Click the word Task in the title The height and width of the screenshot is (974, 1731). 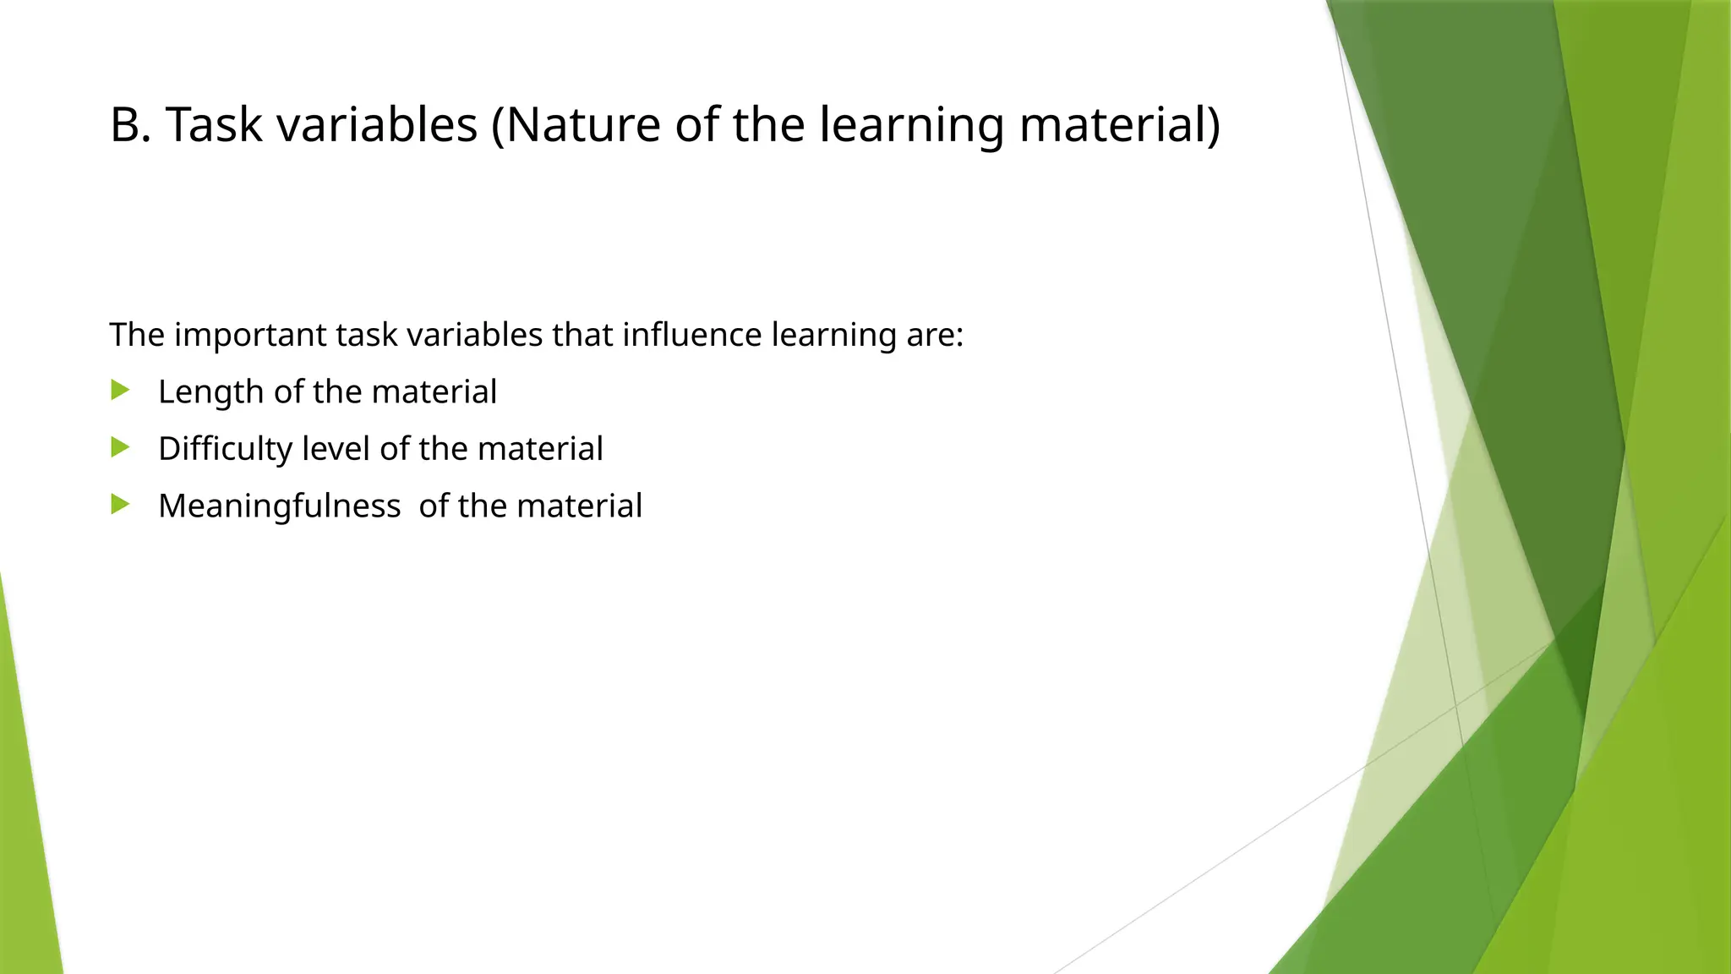coord(214,125)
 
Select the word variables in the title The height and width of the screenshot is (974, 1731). coord(377,125)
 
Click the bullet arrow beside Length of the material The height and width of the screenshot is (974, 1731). coord(120,391)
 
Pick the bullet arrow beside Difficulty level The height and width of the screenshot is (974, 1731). coord(120,447)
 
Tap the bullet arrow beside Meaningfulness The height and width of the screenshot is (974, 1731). coord(120,505)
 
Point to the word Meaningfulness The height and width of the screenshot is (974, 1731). coord(279,506)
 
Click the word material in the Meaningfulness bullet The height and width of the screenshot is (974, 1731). coord(579,506)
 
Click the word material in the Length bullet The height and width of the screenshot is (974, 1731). coord(434,391)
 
